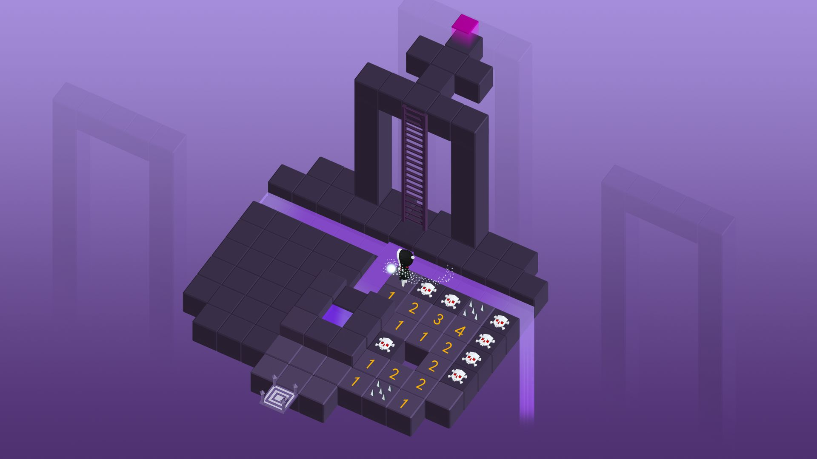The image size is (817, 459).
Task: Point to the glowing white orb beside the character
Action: pos(391,269)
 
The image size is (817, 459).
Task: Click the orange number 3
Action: pos(438,319)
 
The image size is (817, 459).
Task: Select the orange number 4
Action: pos(460,330)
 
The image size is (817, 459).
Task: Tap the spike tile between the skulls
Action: pos(473,308)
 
